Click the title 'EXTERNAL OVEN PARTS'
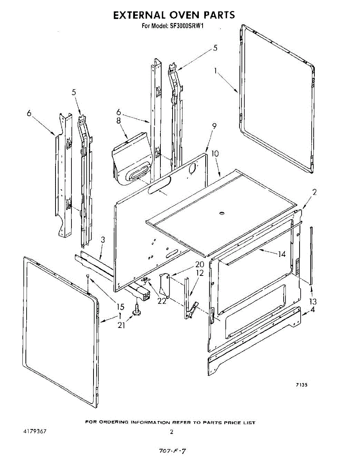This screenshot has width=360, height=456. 174,15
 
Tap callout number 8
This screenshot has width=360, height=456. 118,121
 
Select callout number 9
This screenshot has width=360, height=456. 214,126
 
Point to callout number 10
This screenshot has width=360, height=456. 215,154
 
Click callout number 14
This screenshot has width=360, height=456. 282,254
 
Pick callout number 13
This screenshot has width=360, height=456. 313,301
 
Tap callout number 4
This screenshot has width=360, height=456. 312,309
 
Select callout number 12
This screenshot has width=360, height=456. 199,272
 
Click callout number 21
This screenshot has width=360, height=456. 121,325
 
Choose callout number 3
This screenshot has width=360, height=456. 103,240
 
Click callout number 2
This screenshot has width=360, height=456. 314,192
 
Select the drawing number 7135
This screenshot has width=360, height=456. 301,385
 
